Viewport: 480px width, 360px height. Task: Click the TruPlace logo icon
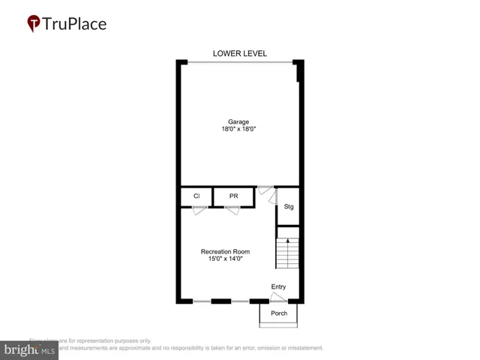34,24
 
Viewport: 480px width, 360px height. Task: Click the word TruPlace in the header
76,24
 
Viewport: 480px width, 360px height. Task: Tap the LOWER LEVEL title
240,53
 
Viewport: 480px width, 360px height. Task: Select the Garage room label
239,121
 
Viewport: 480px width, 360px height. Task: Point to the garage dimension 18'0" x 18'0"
239,130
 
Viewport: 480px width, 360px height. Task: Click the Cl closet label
196,196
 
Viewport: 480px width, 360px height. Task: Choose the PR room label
233,196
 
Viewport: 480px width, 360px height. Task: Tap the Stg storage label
288,207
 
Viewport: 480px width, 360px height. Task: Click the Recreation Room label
225,251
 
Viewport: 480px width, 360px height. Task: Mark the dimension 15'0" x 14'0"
225,259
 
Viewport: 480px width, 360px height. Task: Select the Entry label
278,286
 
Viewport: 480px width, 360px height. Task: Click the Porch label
279,313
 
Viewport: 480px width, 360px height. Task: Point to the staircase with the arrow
287,252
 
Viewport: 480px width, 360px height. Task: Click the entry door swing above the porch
278,298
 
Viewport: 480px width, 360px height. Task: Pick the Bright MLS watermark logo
28,349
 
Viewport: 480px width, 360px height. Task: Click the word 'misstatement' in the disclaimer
299,348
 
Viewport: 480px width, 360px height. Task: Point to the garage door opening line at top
239,62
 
